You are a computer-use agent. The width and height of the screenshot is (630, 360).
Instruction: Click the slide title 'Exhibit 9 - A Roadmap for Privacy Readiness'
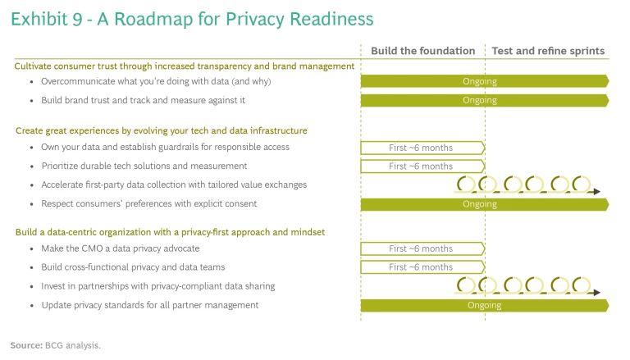tap(192, 19)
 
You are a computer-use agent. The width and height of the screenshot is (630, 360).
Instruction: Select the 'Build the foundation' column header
tap(422, 51)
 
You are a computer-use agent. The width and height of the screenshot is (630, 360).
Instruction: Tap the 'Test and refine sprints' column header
tap(548, 51)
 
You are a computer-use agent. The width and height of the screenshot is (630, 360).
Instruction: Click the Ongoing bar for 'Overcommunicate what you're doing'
tap(485, 81)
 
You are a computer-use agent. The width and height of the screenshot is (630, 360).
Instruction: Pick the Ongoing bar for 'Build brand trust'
tap(485, 100)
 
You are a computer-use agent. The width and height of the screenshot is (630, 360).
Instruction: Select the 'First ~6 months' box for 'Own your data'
tap(422, 148)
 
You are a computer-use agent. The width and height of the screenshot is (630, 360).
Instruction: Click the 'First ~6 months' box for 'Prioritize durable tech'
tap(422, 166)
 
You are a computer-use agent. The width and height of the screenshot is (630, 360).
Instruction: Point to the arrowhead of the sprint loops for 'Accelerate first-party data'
tap(596, 192)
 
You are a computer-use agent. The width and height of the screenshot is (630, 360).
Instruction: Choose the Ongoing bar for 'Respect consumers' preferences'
tap(485, 204)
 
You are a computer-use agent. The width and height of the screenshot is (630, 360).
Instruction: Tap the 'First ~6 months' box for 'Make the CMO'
tap(422, 248)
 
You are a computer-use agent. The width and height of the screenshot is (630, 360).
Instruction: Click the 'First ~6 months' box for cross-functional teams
tap(422, 267)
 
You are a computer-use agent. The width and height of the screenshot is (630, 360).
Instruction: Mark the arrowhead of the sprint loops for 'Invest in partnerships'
tap(596, 293)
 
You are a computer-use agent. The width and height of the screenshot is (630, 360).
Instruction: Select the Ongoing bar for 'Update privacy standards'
tap(485, 305)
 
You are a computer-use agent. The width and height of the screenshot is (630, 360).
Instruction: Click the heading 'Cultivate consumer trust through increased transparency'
tap(185, 66)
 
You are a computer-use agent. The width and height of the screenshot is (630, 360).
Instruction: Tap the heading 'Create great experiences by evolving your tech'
tap(162, 130)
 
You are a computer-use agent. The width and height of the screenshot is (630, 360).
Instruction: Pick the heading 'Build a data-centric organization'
tap(170, 232)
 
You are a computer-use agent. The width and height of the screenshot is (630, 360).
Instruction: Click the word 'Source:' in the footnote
tap(26, 345)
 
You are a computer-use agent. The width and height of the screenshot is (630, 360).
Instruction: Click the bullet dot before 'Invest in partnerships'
tap(32, 287)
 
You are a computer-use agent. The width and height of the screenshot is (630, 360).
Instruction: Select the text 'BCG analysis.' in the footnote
tap(73, 345)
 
